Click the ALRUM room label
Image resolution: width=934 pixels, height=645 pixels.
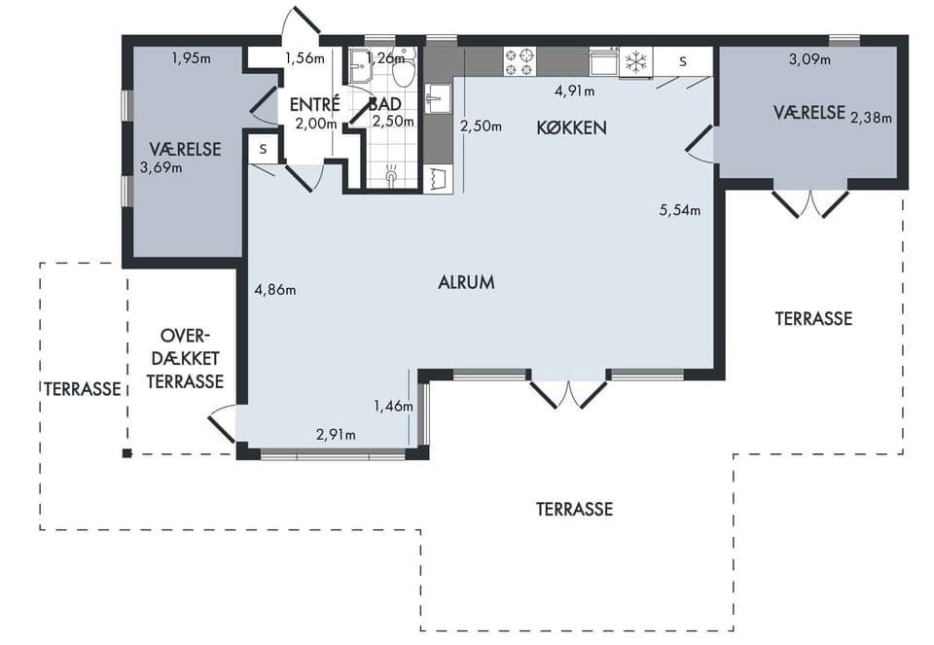466,282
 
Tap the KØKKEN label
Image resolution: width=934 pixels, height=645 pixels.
571,127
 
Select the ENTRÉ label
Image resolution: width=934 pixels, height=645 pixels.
314,104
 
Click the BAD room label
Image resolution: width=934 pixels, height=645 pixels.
385,104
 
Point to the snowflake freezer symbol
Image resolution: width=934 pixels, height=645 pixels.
635,62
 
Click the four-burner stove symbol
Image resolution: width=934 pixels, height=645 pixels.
519,62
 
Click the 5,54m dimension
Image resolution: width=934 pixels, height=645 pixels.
680,209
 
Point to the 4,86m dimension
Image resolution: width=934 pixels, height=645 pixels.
274,290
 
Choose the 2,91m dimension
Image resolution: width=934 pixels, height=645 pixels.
336,435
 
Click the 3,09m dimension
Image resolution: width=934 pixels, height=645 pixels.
809,59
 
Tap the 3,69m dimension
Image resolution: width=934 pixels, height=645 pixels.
161,167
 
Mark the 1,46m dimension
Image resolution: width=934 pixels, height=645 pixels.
393,407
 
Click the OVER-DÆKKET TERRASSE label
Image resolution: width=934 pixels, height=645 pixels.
185,359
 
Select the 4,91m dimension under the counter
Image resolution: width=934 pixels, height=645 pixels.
574,91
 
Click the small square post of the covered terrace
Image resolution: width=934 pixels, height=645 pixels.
126,453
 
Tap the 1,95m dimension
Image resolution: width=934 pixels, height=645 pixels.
192,58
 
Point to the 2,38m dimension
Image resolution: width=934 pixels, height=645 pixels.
871,118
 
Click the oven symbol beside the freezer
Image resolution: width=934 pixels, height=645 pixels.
604,62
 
